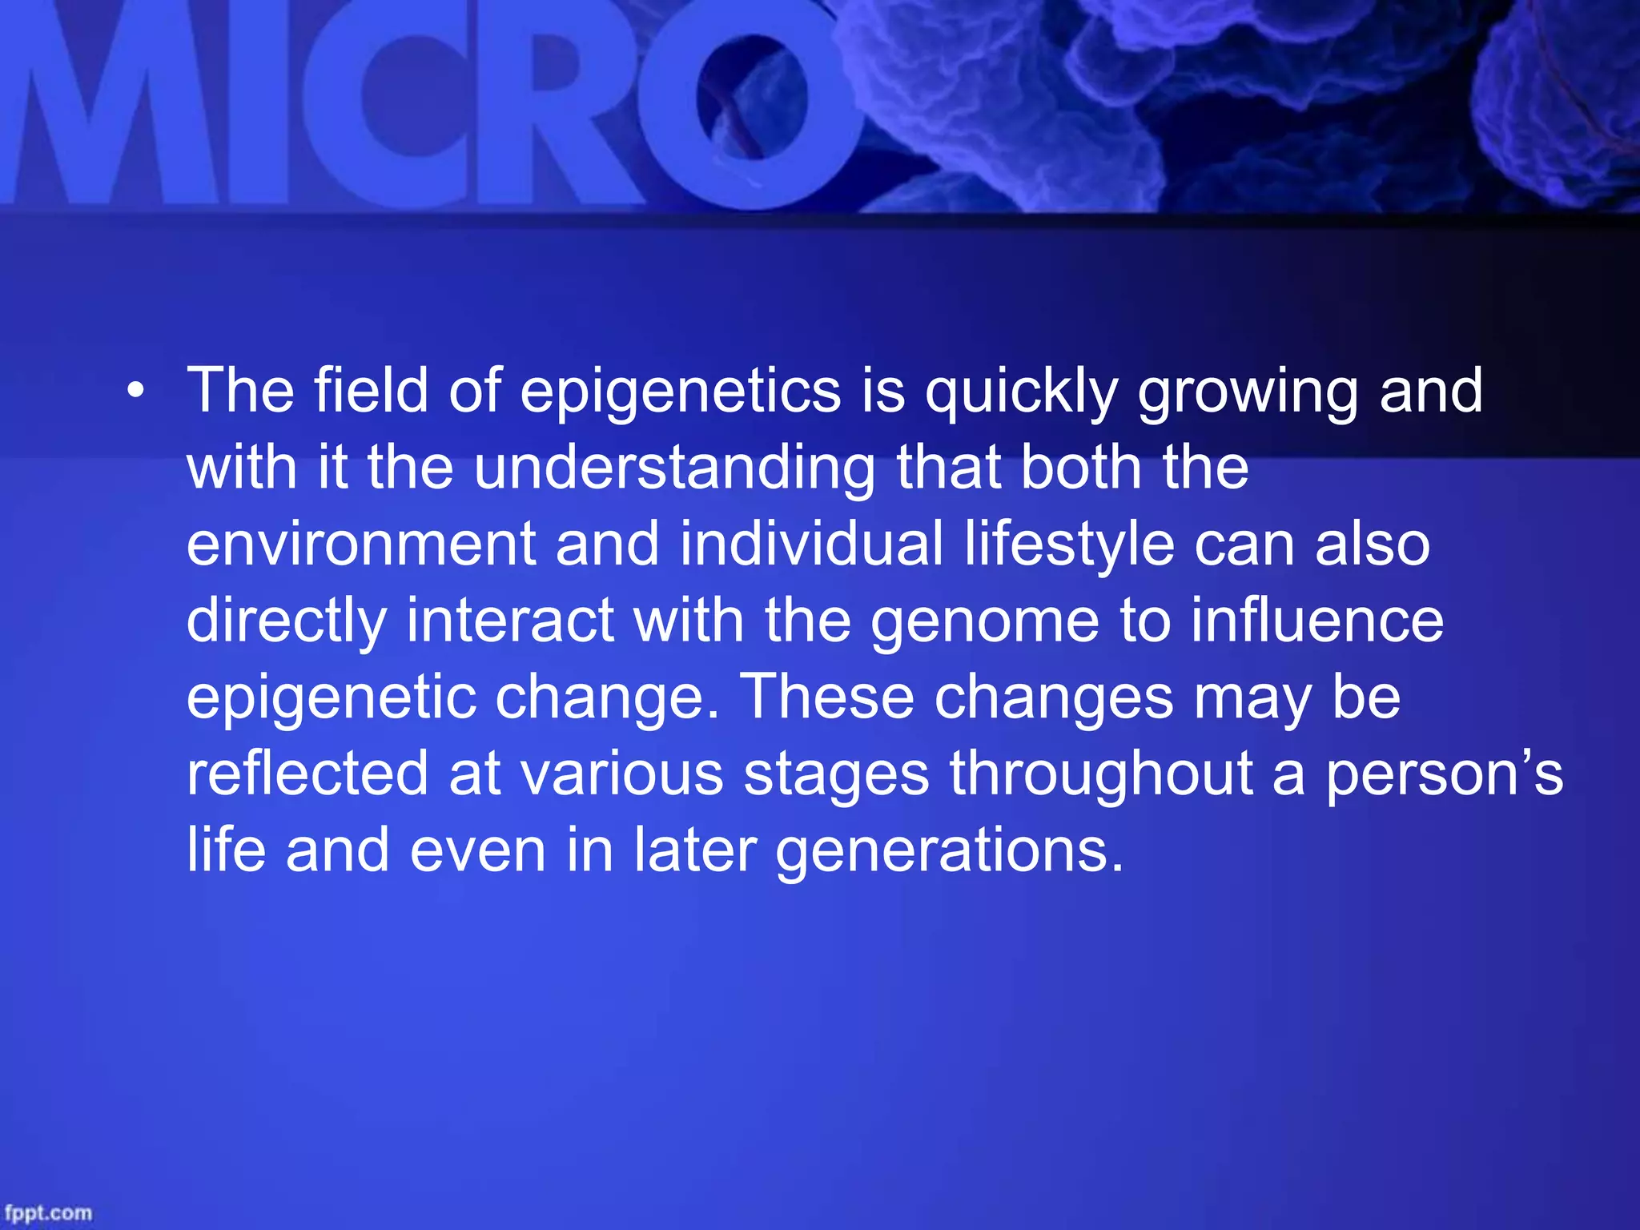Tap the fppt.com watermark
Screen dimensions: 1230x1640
coord(48,1212)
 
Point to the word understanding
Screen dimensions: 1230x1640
coord(674,468)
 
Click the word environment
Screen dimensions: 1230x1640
coord(361,545)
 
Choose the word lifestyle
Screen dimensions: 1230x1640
coord(1069,545)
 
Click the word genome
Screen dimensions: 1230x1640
coord(985,621)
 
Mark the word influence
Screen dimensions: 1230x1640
coord(1317,621)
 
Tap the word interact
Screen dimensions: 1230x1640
coord(511,621)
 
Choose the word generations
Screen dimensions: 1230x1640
coord(950,851)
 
